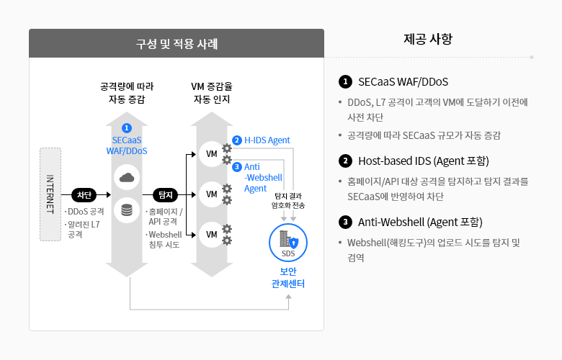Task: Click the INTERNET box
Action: (x=50, y=194)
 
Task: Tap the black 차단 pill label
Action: (x=84, y=194)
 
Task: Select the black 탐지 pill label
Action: (x=165, y=194)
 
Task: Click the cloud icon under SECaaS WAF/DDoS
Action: (x=127, y=177)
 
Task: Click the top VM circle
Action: (x=212, y=154)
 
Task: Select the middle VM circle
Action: (x=212, y=194)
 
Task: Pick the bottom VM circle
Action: (x=212, y=235)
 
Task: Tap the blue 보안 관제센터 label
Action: (x=288, y=277)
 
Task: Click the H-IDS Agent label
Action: (x=267, y=140)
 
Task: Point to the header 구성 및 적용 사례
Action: (x=177, y=43)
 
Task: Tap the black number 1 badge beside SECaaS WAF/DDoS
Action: (x=346, y=81)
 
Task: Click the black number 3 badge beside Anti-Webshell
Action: (x=346, y=221)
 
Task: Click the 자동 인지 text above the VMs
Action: (x=212, y=99)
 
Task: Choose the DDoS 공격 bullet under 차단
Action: (x=86, y=212)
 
